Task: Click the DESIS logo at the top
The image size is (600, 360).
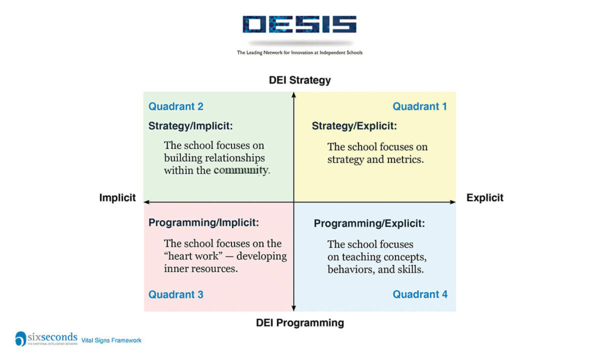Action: coord(299,24)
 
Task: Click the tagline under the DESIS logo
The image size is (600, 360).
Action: coord(299,53)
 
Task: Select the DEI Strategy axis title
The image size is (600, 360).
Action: coord(299,80)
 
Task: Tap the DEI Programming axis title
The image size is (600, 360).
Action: coord(299,322)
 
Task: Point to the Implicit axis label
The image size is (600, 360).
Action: coord(117,198)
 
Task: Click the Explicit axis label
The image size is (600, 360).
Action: coord(485,198)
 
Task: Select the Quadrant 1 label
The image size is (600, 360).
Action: coord(420,107)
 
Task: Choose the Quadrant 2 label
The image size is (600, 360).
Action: coord(176,107)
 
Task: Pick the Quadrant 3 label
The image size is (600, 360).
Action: coord(176,294)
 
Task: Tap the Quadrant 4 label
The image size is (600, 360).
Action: coord(420,294)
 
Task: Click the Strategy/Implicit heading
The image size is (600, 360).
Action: coord(191,126)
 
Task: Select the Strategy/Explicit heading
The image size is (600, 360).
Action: coord(354,126)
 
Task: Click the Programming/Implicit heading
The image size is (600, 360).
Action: coord(203,223)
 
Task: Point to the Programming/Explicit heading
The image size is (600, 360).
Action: coord(369,224)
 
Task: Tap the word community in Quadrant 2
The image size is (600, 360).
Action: coord(241,171)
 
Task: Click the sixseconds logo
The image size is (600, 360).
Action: coord(46,338)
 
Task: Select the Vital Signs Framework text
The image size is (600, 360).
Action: coord(111,340)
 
